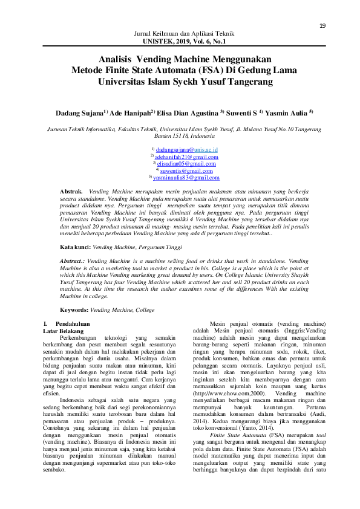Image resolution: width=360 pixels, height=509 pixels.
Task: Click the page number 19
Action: [322, 25]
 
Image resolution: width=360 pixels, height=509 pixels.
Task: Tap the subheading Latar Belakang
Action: [59, 332]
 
